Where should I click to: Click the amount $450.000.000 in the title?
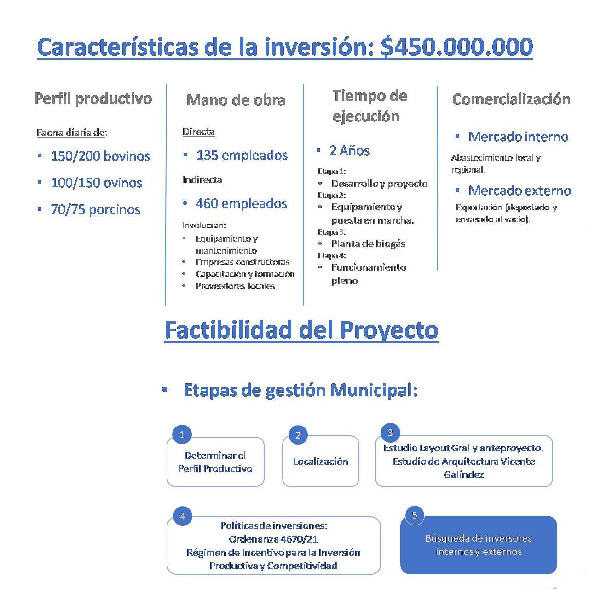(x=456, y=47)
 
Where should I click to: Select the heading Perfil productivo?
(x=93, y=98)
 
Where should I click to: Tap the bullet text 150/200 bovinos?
(x=100, y=156)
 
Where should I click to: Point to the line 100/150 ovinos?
(x=96, y=183)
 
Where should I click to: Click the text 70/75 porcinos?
(x=95, y=209)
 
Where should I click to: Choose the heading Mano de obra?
(x=236, y=100)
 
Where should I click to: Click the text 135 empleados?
(x=242, y=155)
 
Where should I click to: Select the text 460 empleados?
(x=241, y=203)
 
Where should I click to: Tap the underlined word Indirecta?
(x=202, y=180)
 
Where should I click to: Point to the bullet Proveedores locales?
(x=235, y=286)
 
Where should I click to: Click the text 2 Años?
(x=349, y=150)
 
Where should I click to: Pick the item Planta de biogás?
(x=368, y=244)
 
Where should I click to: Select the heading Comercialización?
(x=511, y=99)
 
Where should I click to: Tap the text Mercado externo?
(x=520, y=191)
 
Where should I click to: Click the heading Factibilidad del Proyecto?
(x=301, y=330)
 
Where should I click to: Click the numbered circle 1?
(x=182, y=434)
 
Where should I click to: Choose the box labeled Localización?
(x=320, y=462)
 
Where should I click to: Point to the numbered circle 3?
(x=390, y=433)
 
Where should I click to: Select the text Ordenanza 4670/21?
(x=273, y=539)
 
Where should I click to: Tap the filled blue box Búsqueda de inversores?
(x=478, y=545)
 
